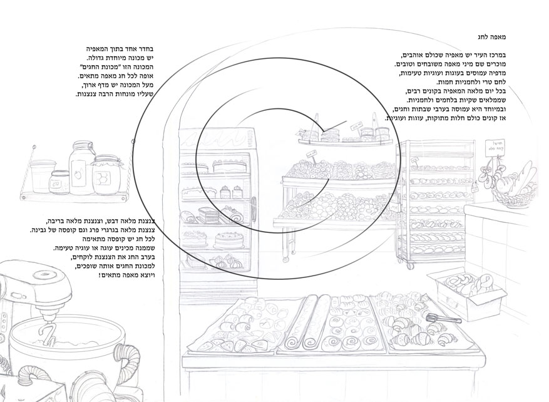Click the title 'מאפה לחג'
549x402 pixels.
click(491, 37)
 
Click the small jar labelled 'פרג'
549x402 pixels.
click(61, 182)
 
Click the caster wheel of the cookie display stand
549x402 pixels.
click(286, 259)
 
